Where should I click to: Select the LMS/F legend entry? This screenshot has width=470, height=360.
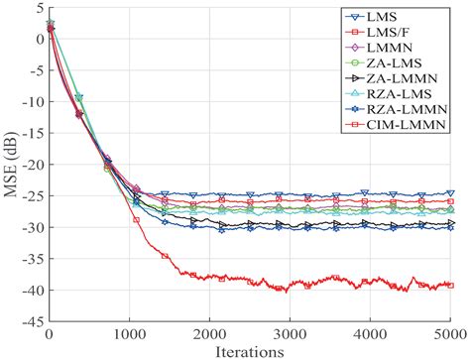point(401,33)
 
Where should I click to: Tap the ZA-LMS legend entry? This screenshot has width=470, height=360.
point(407,63)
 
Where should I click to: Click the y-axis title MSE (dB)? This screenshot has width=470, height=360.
point(11,165)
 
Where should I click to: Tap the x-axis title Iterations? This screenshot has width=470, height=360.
point(249,350)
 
